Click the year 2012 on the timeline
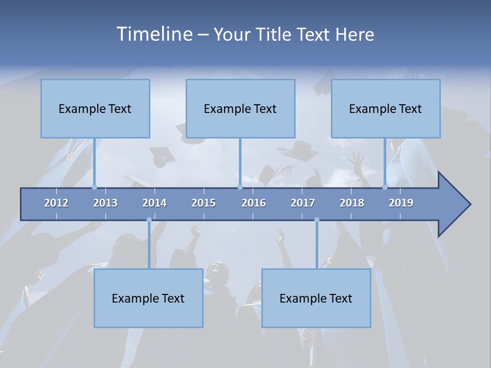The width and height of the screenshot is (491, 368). (x=56, y=203)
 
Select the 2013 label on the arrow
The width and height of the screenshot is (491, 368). (x=105, y=203)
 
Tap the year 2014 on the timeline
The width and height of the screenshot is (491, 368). (x=154, y=203)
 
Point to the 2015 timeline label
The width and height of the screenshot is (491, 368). (x=204, y=203)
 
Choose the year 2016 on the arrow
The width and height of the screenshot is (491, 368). (x=254, y=203)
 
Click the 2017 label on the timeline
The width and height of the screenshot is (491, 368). (x=303, y=203)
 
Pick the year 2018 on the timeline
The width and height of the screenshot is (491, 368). (x=352, y=203)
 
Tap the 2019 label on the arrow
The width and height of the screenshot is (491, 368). (x=401, y=203)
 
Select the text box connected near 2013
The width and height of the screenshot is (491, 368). (x=95, y=108)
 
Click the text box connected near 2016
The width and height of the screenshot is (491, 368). (x=240, y=108)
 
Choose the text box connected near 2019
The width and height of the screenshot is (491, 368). (x=386, y=108)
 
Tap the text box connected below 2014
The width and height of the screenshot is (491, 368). (x=148, y=298)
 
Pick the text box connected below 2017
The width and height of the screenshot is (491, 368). (x=316, y=298)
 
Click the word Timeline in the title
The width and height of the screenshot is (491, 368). (x=153, y=34)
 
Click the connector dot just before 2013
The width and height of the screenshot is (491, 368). (x=94, y=187)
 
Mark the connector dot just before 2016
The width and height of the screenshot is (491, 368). (x=240, y=187)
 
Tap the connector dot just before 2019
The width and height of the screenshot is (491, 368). (x=385, y=187)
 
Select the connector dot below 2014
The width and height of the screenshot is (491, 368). (x=149, y=220)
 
